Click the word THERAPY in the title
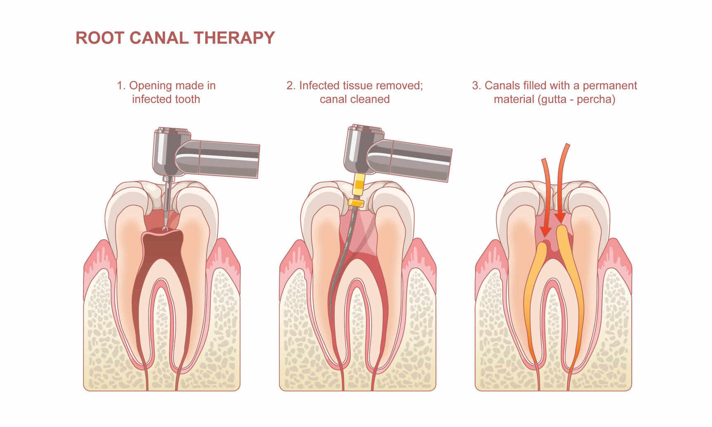234,38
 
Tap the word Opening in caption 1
150,86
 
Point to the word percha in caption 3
596,99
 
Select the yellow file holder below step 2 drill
359,184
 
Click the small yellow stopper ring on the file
356,203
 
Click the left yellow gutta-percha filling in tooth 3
533,297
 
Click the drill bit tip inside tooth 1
165,228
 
